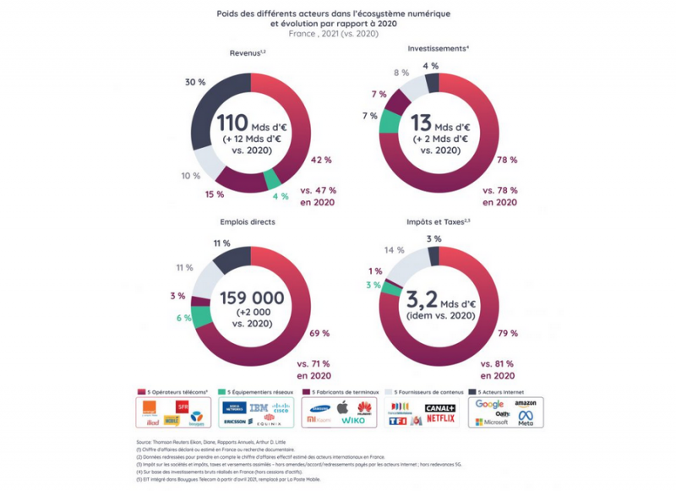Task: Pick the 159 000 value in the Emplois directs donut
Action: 250,297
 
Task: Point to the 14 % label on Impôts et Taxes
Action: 394,251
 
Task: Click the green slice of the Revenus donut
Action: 272,179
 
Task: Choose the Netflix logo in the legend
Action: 440,419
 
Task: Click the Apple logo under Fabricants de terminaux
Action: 342,406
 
